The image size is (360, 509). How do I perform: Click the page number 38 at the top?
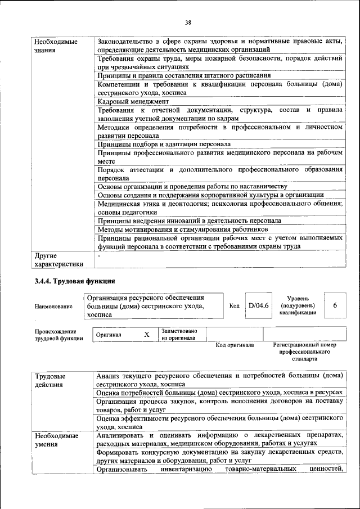click(x=188, y=22)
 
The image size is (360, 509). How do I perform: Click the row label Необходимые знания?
click(x=55, y=46)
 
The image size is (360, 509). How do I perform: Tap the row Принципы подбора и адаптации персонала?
click(x=164, y=144)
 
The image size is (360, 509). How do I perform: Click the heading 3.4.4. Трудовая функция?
click(x=75, y=281)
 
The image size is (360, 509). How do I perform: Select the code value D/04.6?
click(x=259, y=305)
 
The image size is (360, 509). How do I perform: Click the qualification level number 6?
click(x=335, y=305)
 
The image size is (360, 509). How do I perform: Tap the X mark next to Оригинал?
click(x=146, y=335)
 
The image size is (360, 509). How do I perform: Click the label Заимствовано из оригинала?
click(x=178, y=335)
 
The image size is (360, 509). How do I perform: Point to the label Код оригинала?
click(x=235, y=345)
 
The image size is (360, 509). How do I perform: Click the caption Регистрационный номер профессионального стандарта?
click(x=304, y=351)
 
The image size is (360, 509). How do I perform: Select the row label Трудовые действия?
click(x=50, y=380)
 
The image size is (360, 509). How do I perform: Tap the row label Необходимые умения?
click(x=55, y=440)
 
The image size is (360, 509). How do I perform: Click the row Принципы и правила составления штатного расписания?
click(x=184, y=75)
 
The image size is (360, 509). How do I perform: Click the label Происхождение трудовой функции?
click(x=55, y=335)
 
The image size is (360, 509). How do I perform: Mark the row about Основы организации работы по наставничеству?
click(x=192, y=186)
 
